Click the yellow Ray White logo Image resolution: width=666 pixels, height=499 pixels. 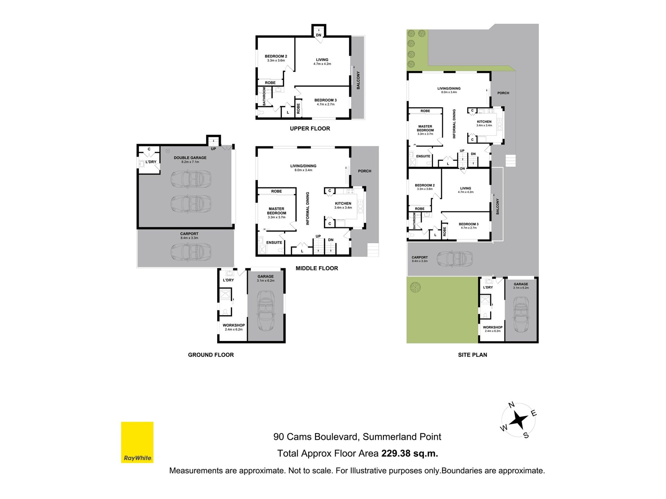point(137,442)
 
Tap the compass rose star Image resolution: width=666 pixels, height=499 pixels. point(519,420)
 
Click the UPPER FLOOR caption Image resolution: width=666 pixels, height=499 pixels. point(310,129)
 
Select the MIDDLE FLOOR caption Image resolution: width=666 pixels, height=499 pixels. point(317,268)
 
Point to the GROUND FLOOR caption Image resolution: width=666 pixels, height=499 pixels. point(211,355)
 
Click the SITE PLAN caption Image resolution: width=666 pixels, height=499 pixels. point(472,355)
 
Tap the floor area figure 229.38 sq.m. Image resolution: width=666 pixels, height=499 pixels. point(410,453)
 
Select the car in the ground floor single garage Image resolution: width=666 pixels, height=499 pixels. point(266,311)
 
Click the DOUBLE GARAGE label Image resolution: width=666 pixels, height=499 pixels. point(190,158)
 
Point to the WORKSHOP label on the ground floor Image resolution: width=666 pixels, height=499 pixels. point(234,325)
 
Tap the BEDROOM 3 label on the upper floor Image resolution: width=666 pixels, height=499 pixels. point(325,100)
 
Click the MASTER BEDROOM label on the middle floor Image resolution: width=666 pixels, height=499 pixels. point(276,211)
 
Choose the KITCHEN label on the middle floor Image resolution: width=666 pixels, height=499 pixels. point(343,203)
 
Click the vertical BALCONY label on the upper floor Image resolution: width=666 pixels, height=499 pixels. point(358,80)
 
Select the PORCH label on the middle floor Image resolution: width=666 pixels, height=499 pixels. point(365,171)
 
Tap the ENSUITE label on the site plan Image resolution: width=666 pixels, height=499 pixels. point(423,156)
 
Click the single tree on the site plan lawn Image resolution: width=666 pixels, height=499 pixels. point(415,287)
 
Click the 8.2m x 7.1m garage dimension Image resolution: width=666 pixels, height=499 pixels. point(190,162)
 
